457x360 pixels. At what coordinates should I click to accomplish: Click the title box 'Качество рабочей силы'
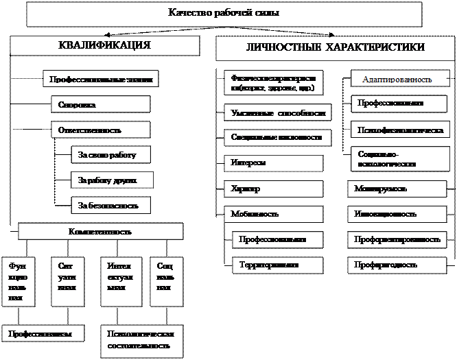click(224, 13)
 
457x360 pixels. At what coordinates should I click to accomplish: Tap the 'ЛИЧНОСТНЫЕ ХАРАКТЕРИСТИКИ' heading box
click(334, 48)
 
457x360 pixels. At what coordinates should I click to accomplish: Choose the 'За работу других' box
click(111, 180)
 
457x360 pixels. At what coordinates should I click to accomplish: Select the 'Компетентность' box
click(99, 231)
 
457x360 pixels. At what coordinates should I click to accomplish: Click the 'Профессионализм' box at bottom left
click(43, 333)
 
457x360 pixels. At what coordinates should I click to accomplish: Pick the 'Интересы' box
click(273, 163)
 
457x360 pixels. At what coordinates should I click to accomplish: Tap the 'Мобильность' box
click(273, 214)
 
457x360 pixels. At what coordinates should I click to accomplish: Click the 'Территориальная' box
click(277, 264)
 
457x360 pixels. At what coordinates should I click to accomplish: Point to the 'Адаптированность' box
click(397, 80)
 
